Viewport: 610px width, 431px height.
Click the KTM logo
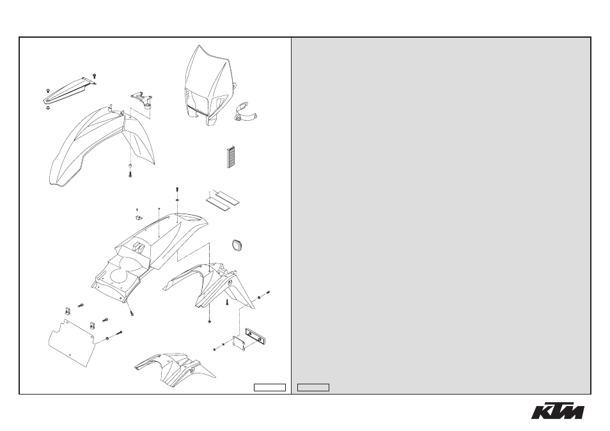[558, 412]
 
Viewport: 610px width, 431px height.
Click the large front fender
[102, 146]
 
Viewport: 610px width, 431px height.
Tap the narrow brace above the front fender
[69, 90]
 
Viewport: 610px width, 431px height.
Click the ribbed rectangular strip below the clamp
[231, 157]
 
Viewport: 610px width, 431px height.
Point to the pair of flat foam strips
[223, 198]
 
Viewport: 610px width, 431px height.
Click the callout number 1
[137, 210]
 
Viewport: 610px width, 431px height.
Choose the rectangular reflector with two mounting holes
[256, 336]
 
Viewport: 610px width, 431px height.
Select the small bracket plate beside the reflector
[239, 343]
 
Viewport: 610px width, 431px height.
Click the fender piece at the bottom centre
[175, 369]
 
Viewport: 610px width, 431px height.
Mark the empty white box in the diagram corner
[270, 388]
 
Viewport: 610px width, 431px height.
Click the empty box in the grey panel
[313, 388]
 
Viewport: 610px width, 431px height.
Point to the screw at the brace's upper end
[95, 75]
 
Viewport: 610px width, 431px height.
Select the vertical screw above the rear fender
[177, 190]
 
